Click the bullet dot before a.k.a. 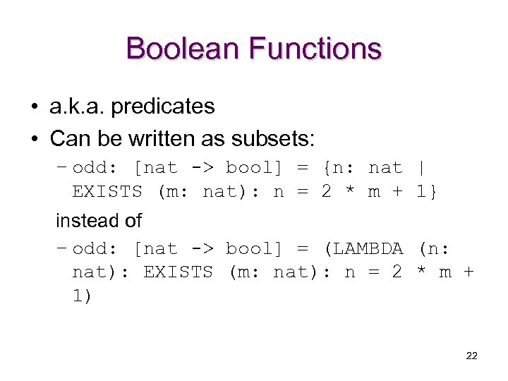click(x=35, y=107)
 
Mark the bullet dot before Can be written click(x=35, y=140)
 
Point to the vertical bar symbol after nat click(x=421, y=168)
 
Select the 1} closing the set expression click(x=427, y=191)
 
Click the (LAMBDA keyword click(x=362, y=249)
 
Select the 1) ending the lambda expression click(x=81, y=296)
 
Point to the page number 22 click(x=472, y=356)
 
